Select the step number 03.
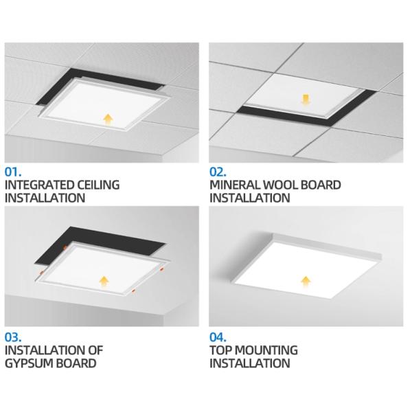click(14, 336)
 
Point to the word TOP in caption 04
click(221, 350)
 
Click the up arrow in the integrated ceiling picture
click(107, 119)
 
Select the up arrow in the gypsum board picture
click(104, 280)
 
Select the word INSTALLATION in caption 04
click(251, 363)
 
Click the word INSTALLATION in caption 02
click(251, 198)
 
